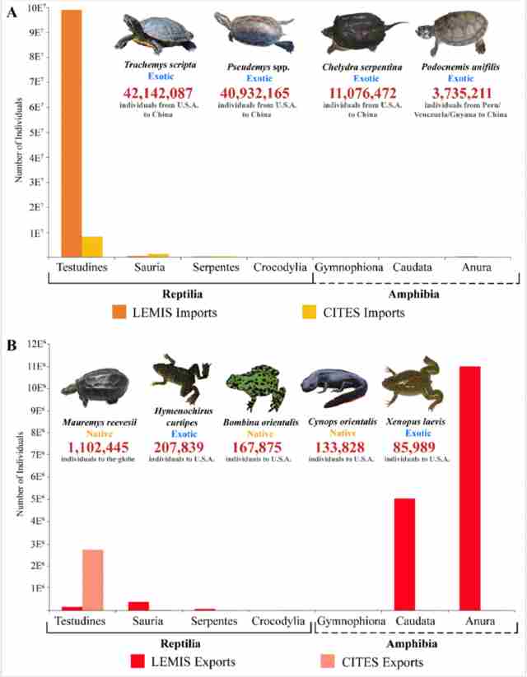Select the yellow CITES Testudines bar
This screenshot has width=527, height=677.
91,247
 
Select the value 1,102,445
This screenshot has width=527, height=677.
100,447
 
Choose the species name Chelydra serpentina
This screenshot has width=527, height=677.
357,65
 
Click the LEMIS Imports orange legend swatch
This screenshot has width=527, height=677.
119,312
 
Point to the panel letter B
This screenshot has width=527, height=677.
12,345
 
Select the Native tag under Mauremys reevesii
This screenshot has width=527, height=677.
100,433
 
